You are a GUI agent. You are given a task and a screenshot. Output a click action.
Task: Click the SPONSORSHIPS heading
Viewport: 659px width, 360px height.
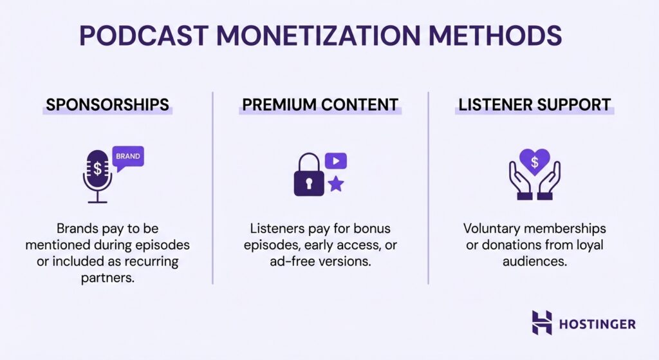[107, 105]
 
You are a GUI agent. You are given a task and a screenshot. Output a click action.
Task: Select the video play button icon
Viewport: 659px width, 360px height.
[336, 160]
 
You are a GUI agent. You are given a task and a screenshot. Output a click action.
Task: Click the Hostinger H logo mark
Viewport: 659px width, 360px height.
[541, 323]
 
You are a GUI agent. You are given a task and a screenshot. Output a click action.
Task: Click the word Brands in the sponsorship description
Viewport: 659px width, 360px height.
[78, 229]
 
